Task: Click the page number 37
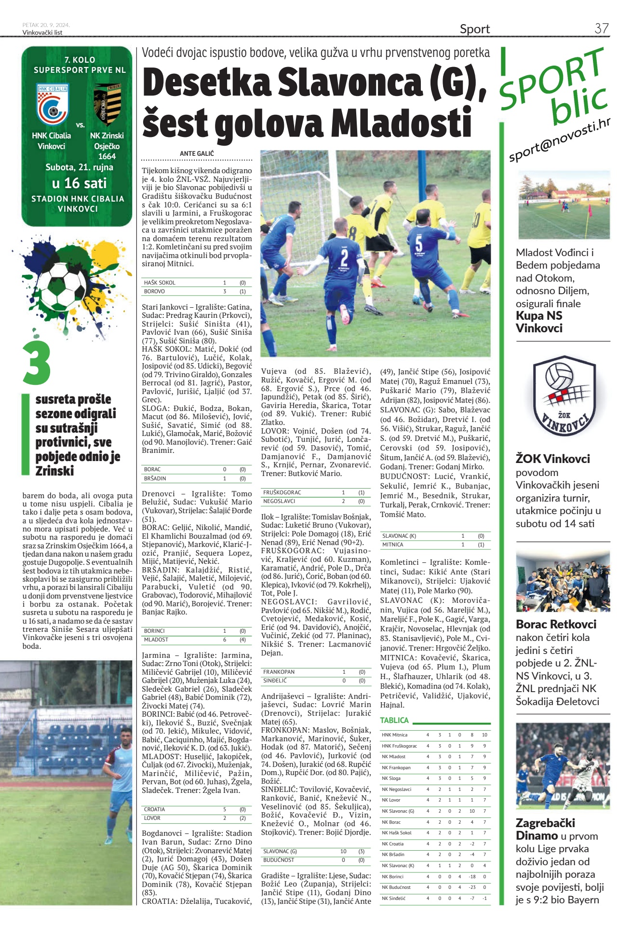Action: pos(601,28)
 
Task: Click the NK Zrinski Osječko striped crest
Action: pos(107,104)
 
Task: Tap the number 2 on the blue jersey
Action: pos(344,255)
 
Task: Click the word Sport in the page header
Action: pos(474,29)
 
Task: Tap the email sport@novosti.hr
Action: pos(559,140)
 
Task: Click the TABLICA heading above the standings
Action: pos(394,720)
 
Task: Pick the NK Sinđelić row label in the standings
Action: pos(393,899)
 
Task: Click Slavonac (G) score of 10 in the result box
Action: pos(343,851)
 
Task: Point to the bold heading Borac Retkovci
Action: pos(556,624)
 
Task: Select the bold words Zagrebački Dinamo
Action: pos(545,829)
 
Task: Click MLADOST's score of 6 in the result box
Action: pos(225,640)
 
